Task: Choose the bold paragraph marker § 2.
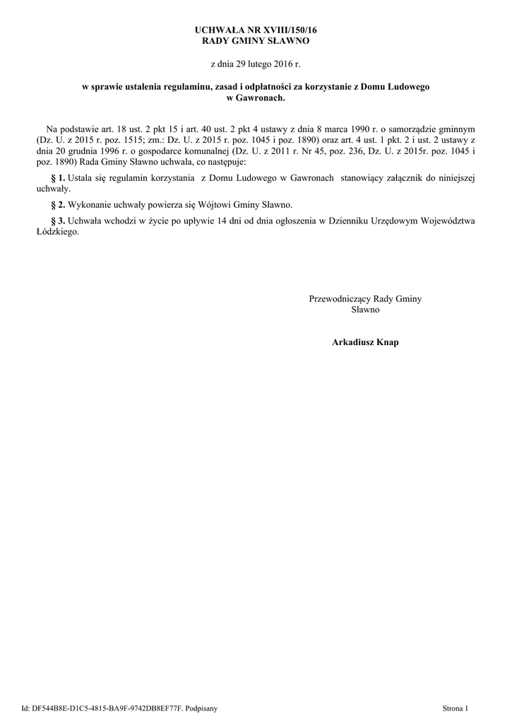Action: click(59, 204)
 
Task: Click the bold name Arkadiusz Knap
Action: click(365, 342)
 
